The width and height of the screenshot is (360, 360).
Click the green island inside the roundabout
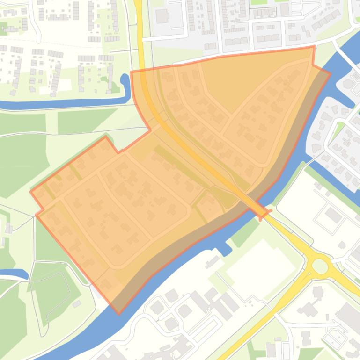pyautogui.click(x=320, y=266)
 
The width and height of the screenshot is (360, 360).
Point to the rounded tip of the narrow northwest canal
pyautogui.click(x=125, y=78)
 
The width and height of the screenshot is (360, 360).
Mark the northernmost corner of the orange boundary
pyautogui.click(x=313, y=46)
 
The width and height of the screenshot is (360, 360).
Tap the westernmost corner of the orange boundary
pyautogui.click(x=30, y=191)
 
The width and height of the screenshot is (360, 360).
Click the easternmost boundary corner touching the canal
pyautogui.click(x=330, y=73)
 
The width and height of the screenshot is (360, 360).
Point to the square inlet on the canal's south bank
pyautogui.click(x=225, y=248)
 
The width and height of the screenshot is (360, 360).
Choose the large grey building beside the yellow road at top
pyautogui.click(x=162, y=16)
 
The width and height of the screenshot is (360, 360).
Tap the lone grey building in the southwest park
pyautogui.click(x=76, y=304)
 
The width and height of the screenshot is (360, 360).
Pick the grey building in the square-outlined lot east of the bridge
pyautogui.click(x=333, y=215)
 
